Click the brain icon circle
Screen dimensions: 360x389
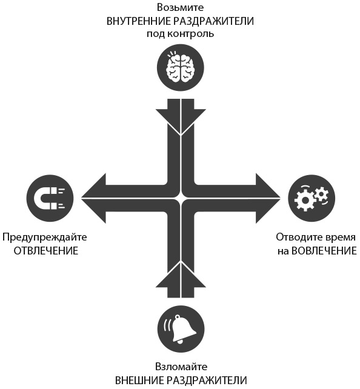tap(181, 68)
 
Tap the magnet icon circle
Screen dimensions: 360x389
tap(50, 199)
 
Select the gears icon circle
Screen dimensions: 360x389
tap(312, 199)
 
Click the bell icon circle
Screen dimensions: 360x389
tap(181, 329)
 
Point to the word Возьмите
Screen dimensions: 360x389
tap(181, 8)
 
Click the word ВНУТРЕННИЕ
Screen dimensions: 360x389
tap(138, 21)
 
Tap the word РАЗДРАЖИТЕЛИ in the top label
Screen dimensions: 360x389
tap(213, 22)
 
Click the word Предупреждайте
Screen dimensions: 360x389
tap(45, 238)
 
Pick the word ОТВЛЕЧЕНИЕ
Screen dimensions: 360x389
tap(46, 251)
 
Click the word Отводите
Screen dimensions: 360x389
tap(298, 238)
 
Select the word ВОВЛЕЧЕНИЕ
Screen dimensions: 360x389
tap(324, 251)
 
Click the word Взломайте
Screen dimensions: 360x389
tap(181, 367)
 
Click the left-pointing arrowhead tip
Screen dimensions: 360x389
tap(81, 198)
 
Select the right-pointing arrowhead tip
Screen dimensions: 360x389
tap(281, 198)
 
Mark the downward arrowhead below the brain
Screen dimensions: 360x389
tap(181, 122)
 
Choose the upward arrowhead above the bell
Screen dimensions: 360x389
tap(181, 275)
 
